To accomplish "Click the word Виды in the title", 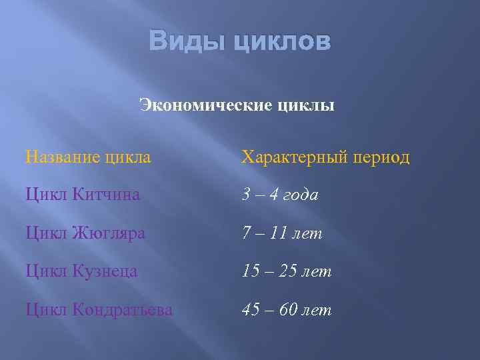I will [x=184, y=43].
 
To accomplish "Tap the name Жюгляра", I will [x=111, y=233].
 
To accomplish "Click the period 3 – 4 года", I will [x=280, y=195].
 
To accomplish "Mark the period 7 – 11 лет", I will [x=281, y=233].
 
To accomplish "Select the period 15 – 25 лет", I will [x=286, y=272].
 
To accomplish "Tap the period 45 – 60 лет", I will [x=286, y=310].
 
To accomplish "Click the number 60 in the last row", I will [x=289, y=310].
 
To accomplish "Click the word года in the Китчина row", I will [x=301, y=196].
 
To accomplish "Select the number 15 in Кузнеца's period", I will [x=251, y=272].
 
